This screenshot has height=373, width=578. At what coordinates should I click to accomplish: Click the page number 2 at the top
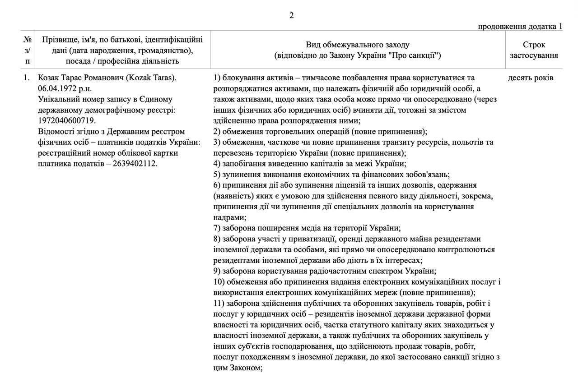point(291,15)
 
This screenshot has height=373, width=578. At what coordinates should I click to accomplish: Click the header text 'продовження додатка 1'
point(520,26)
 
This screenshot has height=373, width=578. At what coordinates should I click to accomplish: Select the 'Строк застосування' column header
point(534,50)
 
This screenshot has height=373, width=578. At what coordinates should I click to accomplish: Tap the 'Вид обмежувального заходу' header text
point(357,45)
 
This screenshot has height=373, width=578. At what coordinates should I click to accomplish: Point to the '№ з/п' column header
point(28,50)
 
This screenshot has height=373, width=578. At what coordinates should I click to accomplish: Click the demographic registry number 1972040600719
point(67,120)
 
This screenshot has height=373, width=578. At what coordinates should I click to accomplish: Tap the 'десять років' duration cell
point(530,78)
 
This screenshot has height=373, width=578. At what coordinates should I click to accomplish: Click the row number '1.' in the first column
point(27,78)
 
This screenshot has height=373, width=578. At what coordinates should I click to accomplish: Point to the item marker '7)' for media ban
point(217,228)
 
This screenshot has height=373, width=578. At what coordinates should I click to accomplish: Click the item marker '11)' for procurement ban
point(219,303)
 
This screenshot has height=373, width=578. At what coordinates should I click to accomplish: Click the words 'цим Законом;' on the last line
point(238,368)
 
